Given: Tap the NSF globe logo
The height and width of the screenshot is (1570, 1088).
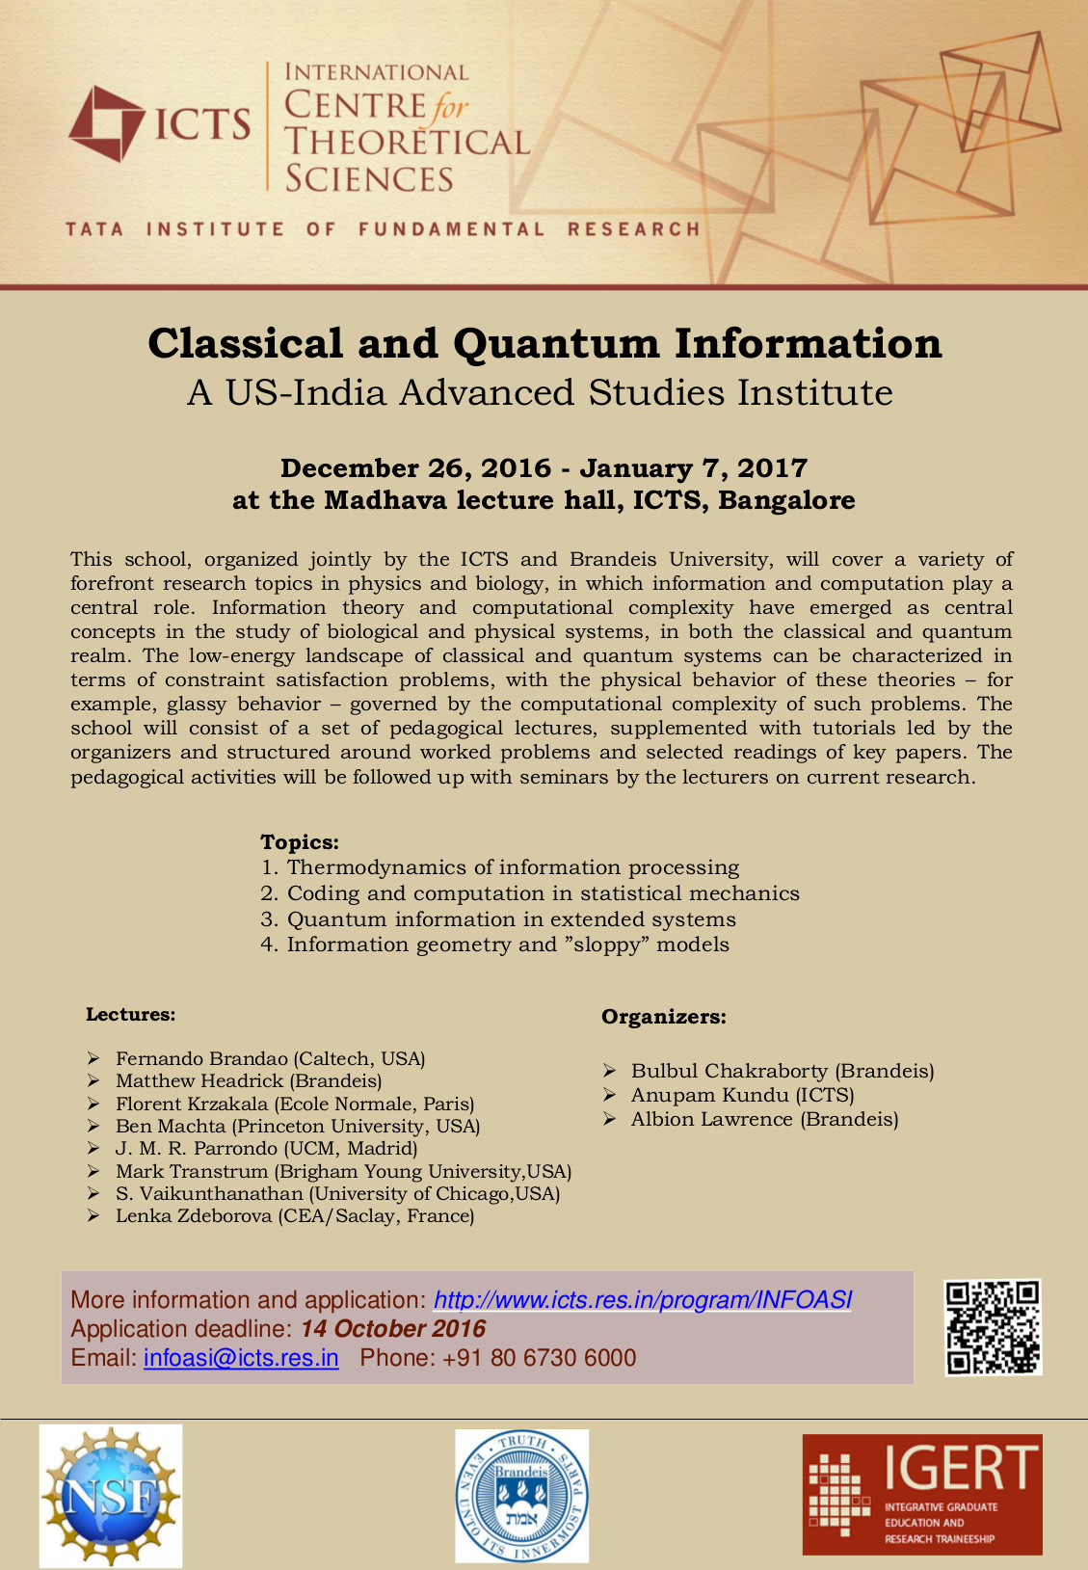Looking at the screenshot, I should coord(110,1496).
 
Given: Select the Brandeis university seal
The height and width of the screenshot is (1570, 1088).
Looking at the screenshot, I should coord(521,1496).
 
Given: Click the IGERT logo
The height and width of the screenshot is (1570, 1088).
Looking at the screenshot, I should coord(922,1494).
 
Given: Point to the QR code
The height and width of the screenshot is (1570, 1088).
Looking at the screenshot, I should coord(993,1326).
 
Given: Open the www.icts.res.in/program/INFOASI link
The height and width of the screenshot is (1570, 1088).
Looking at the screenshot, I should coord(643,1300).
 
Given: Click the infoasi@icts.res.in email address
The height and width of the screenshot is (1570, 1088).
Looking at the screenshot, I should coord(241,1358).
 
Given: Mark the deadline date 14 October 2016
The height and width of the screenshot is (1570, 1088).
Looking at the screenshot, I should coord(393,1329).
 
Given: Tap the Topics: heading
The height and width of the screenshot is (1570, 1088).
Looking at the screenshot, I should coord(300,842).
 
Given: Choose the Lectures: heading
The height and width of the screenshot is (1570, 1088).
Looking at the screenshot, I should coord(130,1014).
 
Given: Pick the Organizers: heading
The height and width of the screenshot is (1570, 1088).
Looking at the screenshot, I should coord(663,1017).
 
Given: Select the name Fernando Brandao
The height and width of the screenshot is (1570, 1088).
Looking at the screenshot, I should coord(200,1058).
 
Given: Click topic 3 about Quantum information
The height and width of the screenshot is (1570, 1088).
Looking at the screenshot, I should coord(511,919).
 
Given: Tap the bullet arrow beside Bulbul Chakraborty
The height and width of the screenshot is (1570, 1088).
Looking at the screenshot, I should coord(610,1071).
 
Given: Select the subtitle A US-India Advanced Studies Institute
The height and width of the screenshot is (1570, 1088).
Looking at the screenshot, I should coord(540,393).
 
